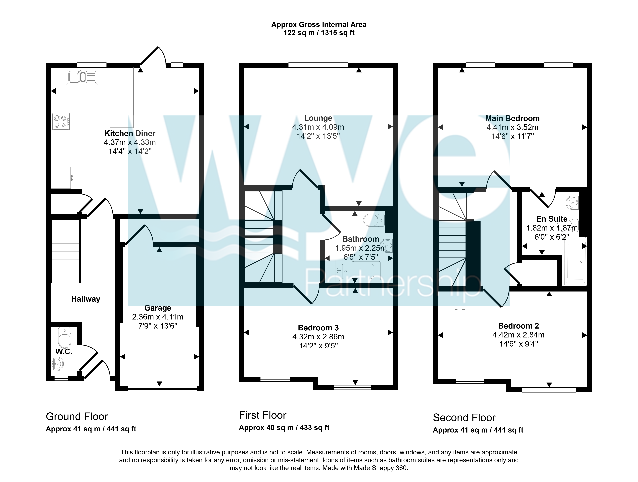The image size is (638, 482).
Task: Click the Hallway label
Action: pyautogui.click(x=86, y=299)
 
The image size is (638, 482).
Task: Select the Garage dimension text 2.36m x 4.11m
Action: pyautogui.click(x=158, y=317)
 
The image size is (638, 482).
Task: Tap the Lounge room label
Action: pyautogui.click(x=318, y=118)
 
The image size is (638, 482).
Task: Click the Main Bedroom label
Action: pyautogui.click(x=513, y=118)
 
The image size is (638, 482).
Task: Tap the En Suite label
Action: pyautogui.click(x=552, y=219)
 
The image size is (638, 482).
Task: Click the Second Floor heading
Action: pyautogui.click(x=464, y=418)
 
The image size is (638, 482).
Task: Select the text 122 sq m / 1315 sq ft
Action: pyautogui.click(x=319, y=33)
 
